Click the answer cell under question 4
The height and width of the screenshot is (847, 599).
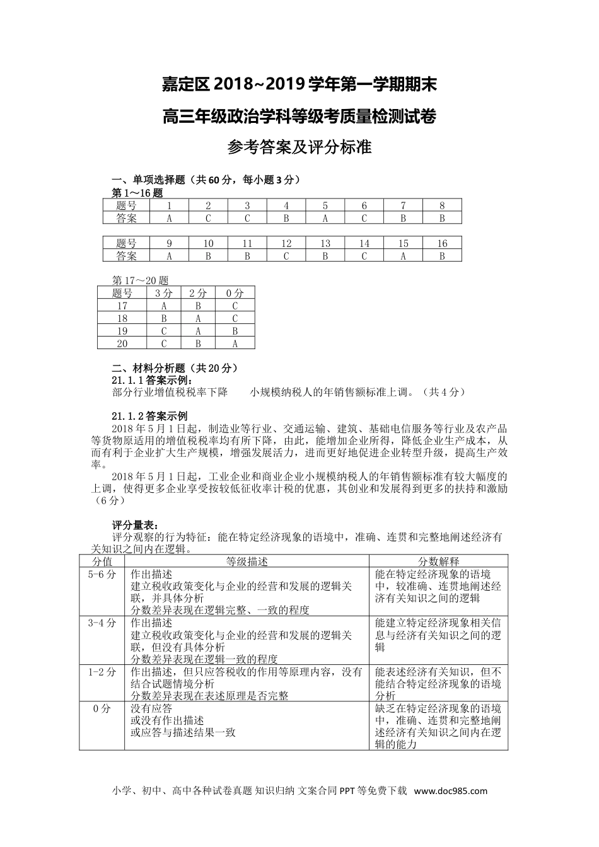pos(286,218)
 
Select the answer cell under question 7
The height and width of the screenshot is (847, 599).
pos(403,218)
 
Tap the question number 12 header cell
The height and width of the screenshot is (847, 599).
pos(286,243)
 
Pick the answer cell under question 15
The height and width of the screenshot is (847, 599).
pos(403,256)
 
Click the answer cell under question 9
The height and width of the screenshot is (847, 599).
pos(169,256)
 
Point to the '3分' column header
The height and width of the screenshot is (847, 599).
pos(163,293)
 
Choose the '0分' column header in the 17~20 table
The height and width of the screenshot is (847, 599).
pos(235,293)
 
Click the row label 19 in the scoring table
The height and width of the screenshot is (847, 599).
pos(122,331)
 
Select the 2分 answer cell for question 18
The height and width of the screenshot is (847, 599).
pos(198,318)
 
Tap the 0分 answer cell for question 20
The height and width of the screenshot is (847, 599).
pos(235,343)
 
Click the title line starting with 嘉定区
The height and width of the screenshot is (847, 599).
pos(299,84)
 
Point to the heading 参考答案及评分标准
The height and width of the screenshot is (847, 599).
pos(299,147)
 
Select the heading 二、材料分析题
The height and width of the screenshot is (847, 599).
pos(174,369)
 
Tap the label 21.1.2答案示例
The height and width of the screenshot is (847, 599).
pos(149,416)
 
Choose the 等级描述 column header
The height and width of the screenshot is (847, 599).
pos(247,562)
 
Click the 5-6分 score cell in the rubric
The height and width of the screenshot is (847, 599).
pos(102,574)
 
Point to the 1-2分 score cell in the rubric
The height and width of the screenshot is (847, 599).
pos(102,672)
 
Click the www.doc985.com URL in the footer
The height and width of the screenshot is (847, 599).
pos(450,792)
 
